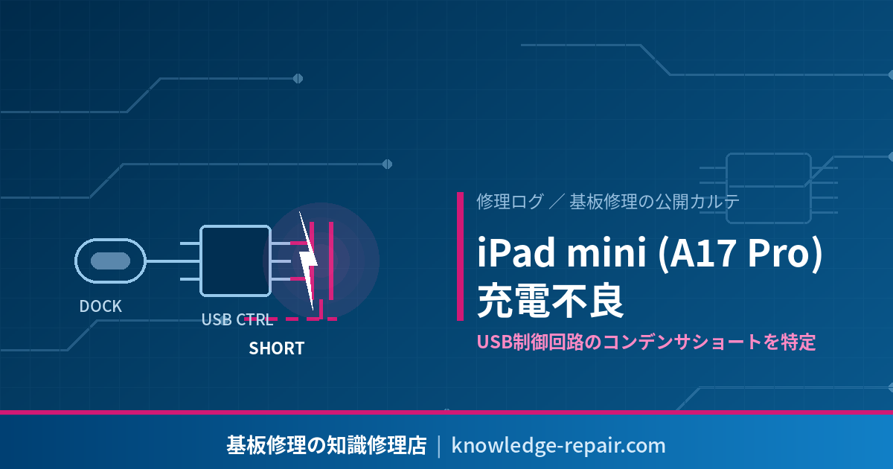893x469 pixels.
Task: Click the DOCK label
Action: (x=100, y=306)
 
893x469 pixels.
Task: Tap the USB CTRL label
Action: (x=237, y=319)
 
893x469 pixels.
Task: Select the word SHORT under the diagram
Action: (x=277, y=348)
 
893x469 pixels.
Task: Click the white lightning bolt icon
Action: (x=308, y=260)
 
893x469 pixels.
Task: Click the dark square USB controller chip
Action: (x=235, y=261)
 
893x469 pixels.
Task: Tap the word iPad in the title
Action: (x=516, y=252)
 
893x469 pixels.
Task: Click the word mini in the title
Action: (x=606, y=252)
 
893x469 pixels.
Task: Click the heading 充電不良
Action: (x=551, y=300)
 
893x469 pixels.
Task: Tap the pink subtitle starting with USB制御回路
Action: (x=646, y=342)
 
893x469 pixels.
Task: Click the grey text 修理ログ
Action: (x=510, y=202)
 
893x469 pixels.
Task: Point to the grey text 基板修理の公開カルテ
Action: (x=654, y=202)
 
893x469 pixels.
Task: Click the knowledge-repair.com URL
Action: (x=559, y=445)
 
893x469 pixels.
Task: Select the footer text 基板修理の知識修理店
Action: (x=327, y=445)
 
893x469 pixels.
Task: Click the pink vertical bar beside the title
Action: (x=461, y=256)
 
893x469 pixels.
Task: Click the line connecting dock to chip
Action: (x=172, y=261)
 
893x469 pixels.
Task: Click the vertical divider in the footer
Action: (x=439, y=446)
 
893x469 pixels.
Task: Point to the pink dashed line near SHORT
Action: (x=291, y=319)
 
